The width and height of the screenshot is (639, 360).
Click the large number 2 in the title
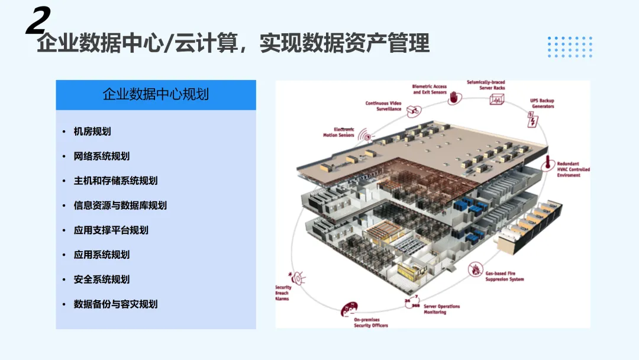click(37, 22)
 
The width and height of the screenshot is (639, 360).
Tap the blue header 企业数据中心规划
click(156, 95)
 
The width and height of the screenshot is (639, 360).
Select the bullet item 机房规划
click(92, 131)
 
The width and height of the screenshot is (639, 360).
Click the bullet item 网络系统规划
click(101, 156)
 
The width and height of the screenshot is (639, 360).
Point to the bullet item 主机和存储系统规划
click(115, 181)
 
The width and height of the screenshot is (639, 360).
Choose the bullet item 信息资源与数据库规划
click(120, 205)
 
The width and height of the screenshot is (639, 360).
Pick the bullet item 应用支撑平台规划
click(111, 230)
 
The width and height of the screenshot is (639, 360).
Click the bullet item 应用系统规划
click(101, 255)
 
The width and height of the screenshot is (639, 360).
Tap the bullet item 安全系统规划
click(101, 279)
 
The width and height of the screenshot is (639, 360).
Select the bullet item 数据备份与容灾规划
click(115, 304)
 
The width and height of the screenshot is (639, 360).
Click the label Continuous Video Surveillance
click(383, 106)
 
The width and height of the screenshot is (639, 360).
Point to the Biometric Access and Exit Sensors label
click(430, 89)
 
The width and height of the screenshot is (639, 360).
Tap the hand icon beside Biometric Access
click(454, 98)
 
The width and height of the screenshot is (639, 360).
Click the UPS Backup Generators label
click(542, 104)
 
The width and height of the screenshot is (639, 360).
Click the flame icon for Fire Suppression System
click(475, 270)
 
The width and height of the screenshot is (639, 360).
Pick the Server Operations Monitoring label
click(441, 309)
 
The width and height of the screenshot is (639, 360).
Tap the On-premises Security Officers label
click(371, 323)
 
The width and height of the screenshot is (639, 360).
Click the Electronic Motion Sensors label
click(338, 132)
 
